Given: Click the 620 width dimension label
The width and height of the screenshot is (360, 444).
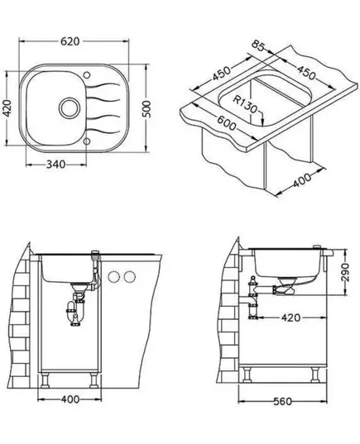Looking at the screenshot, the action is point(70,41).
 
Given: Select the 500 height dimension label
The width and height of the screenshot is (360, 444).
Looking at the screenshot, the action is point(146,108).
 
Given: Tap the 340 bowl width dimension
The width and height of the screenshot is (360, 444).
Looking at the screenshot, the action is point(55,165).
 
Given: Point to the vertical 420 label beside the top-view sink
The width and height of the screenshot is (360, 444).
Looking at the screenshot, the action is point(7,107).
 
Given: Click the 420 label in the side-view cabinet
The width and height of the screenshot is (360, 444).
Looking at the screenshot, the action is point(290,317).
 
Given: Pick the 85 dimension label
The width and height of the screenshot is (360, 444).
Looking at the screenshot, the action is point(258,45).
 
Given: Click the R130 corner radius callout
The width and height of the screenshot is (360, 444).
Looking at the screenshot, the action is point(245,104).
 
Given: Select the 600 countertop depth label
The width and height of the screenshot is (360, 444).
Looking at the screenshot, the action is point(227,122).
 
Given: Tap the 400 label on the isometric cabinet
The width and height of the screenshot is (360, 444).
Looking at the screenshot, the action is point(302,180).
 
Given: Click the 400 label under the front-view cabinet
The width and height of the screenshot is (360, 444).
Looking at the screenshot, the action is point(70,399).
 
